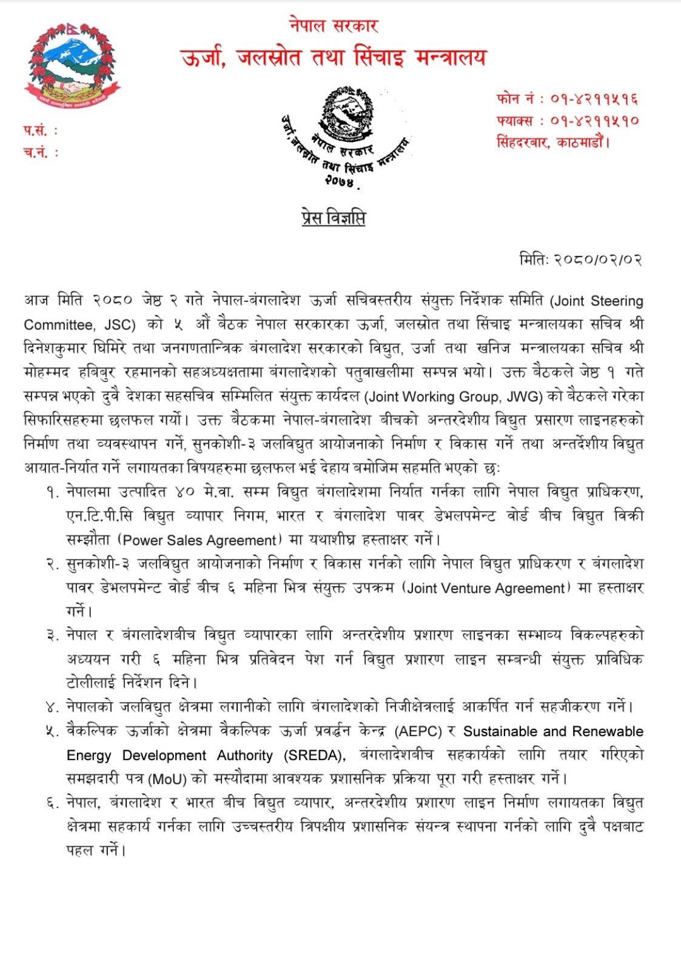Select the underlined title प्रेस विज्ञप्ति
click(x=333, y=218)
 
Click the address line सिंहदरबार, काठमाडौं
click(x=552, y=142)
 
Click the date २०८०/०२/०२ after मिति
click(x=597, y=259)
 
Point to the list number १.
click(x=51, y=492)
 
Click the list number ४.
click(x=51, y=707)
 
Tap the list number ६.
click(x=51, y=803)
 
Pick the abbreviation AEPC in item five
click(x=418, y=732)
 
